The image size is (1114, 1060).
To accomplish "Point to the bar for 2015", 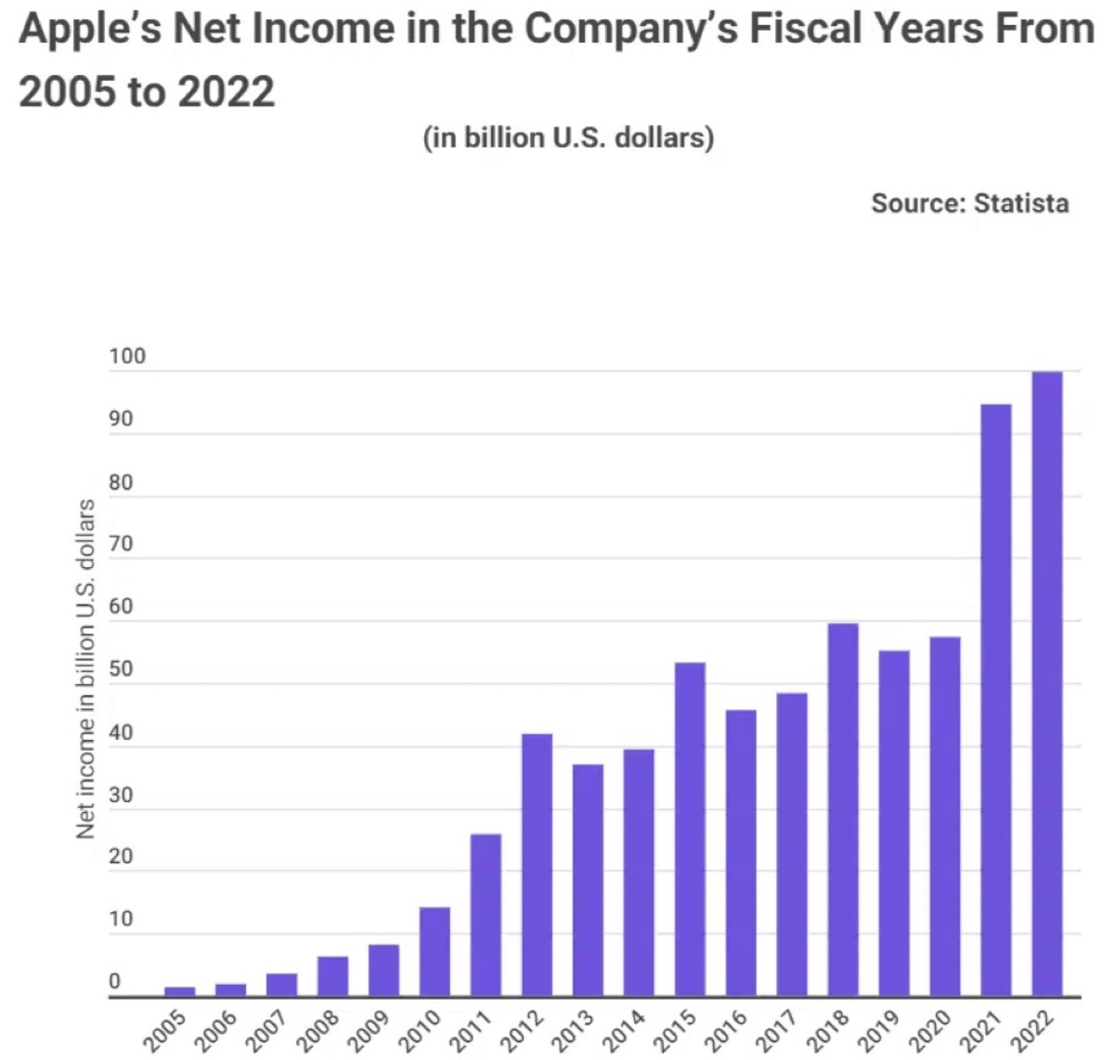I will (690, 830).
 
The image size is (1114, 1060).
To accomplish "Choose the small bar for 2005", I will (180, 991).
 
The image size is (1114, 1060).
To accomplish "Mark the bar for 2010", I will (434, 951).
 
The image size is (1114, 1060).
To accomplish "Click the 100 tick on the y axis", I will (127, 357).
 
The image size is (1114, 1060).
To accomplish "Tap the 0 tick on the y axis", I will (115, 982).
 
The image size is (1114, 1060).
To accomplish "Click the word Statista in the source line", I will (1021, 203).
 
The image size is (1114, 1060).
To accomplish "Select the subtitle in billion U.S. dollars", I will (568, 138).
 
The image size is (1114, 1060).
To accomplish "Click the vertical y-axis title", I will (85, 668).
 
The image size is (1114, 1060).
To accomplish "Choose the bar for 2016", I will (741, 853).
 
